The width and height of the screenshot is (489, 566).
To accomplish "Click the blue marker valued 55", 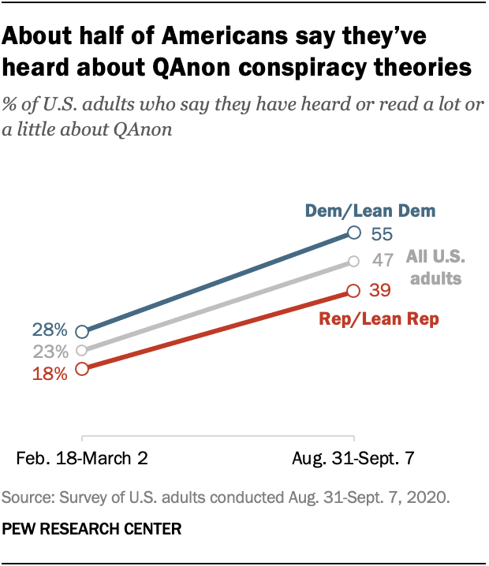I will pos(354,233).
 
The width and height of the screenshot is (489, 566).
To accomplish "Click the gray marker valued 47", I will pos(354,261).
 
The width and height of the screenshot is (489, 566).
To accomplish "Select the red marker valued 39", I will pos(354,291).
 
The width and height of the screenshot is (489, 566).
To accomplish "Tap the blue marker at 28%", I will pos(82,332).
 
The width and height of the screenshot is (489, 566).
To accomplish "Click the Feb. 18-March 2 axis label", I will pos(82,457).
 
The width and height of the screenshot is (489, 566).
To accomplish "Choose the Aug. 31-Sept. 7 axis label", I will pos(354,457).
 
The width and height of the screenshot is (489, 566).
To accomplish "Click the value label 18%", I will pos(50,372).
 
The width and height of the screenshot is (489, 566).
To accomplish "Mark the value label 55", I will pos(382,233).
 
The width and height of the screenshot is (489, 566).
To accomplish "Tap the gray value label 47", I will pos(382,262).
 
